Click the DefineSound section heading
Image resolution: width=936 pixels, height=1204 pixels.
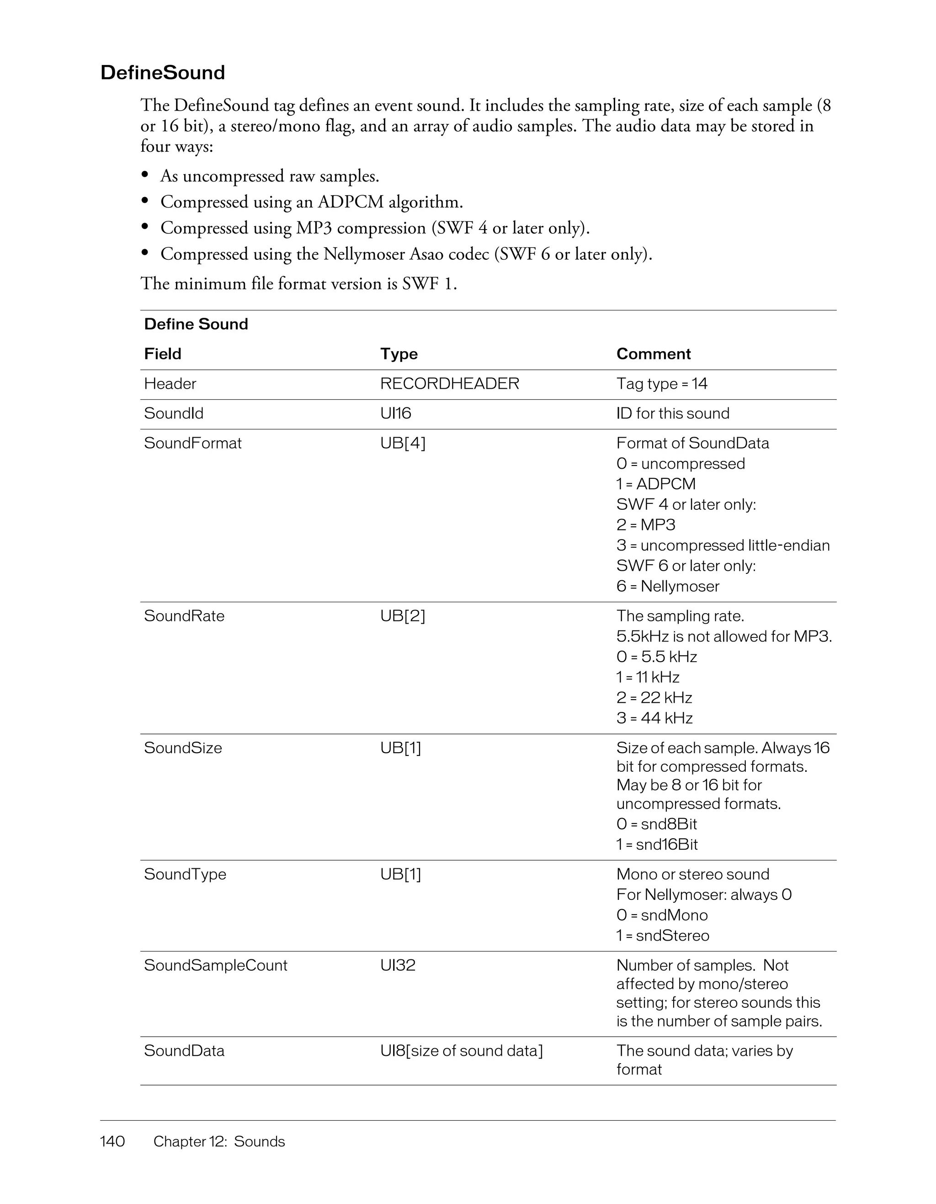(163, 73)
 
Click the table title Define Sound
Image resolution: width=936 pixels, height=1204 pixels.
(196, 324)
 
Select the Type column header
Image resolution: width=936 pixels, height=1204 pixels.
(399, 353)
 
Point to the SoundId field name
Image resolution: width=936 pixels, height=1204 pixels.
(174, 413)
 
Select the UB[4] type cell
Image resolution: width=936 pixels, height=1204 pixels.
(402, 443)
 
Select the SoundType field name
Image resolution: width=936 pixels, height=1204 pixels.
(185, 874)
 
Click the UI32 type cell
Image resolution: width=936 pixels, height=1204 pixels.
(397, 965)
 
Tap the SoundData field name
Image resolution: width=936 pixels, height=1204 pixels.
(184, 1050)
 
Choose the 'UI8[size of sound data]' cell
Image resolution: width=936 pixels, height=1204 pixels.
(461, 1050)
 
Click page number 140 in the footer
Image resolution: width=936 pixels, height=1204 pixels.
(112, 1141)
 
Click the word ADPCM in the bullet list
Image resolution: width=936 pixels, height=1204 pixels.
(351, 202)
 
